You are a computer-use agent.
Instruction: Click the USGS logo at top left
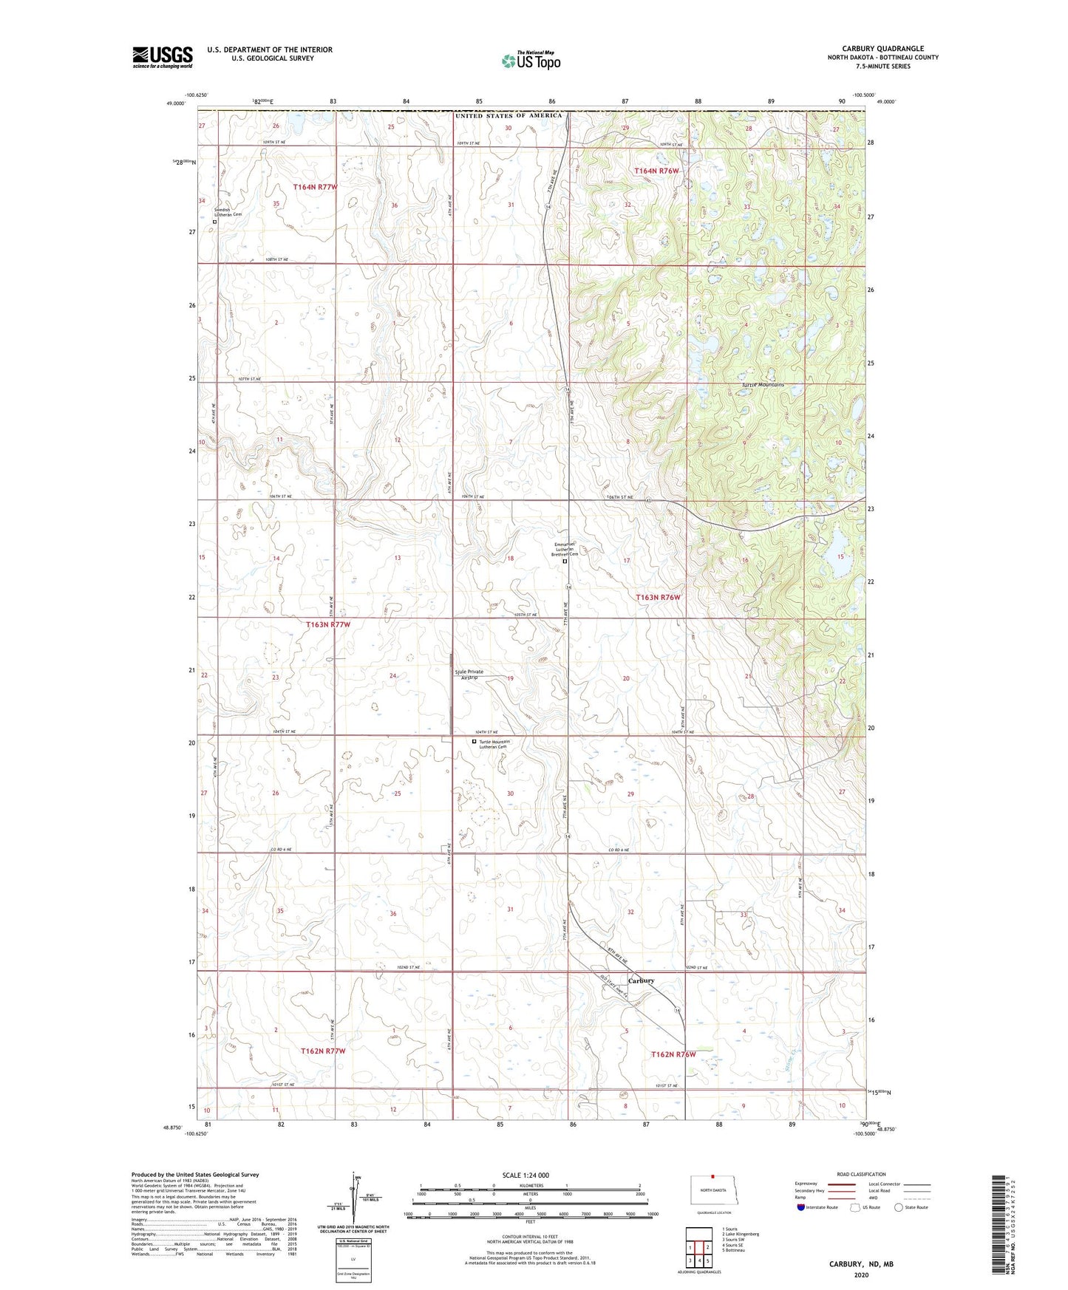162,56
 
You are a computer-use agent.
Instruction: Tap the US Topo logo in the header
531,60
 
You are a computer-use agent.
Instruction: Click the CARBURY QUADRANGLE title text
882,49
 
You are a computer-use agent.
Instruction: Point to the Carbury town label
641,980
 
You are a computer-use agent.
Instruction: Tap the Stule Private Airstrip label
470,674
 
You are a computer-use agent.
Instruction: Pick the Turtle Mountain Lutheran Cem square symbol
475,742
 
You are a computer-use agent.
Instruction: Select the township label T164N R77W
315,187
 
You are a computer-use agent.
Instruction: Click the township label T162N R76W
673,1054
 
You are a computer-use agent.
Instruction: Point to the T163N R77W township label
328,624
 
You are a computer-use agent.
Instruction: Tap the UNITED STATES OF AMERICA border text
509,115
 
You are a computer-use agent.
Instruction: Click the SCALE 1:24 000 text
526,1175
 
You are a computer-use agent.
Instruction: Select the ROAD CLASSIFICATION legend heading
861,1174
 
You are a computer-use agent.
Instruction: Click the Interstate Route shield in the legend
802,1207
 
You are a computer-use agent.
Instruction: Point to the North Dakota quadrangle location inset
713,1190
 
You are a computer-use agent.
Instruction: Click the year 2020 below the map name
861,1274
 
